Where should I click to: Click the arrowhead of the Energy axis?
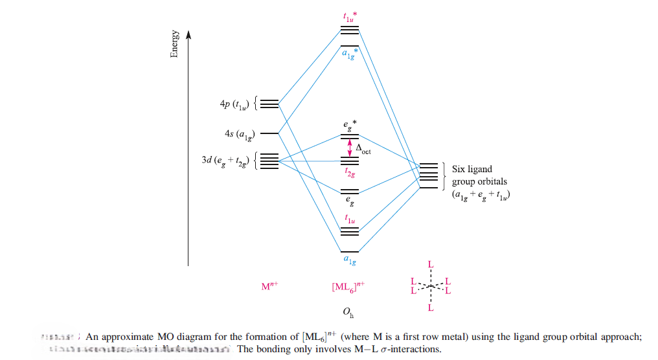[x=188, y=34]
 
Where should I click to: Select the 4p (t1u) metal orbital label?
[x=235, y=103]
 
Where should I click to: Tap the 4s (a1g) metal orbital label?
[x=240, y=134]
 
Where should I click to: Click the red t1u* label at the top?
[x=350, y=17]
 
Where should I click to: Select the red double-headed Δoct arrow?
[x=350, y=147]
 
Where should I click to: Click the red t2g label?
[x=350, y=173]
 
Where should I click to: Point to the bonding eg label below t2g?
[x=350, y=200]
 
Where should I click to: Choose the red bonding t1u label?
[x=350, y=219]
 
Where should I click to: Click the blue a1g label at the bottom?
[x=350, y=260]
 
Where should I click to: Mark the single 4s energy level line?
[x=269, y=133]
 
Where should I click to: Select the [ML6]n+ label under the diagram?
[x=350, y=286]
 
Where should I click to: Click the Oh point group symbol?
[x=348, y=314]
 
